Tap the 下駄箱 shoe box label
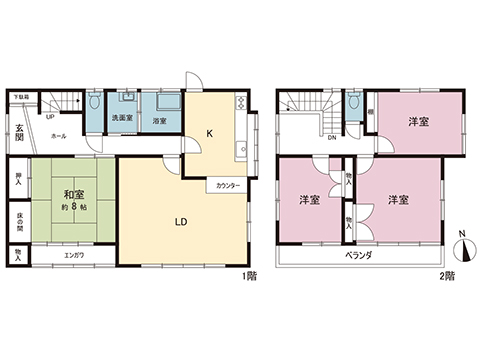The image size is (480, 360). coord(20,97)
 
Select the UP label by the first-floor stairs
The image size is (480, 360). coord(50,115)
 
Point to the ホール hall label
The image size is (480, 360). coord(58,135)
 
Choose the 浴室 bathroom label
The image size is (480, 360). coord(159,120)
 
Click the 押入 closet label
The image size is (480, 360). coord(19,184)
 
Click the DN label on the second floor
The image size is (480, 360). coord(331,139)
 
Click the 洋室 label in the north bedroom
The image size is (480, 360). coord(418,121)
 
